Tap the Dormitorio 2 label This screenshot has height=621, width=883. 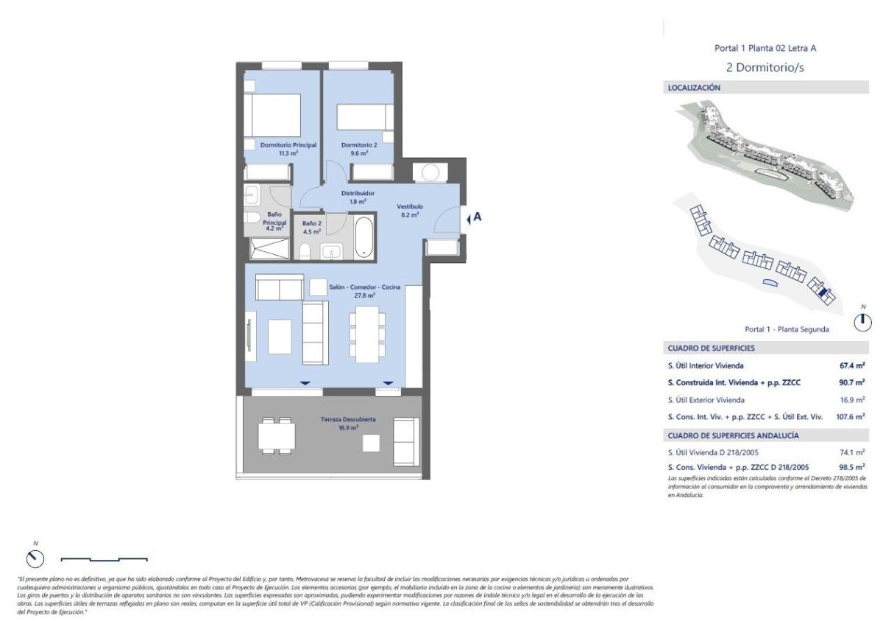[x=359, y=145]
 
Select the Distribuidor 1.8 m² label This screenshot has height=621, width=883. [x=358, y=194]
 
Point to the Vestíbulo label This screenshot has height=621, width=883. [x=409, y=207]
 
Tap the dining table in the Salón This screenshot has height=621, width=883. [x=366, y=332]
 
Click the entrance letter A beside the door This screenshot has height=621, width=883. [x=478, y=217]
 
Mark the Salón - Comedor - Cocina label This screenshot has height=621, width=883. [x=365, y=287]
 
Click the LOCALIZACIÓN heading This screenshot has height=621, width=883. [x=693, y=88]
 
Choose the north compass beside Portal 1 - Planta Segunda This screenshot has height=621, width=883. [x=863, y=321]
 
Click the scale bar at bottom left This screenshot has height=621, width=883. [x=104, y=559]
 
